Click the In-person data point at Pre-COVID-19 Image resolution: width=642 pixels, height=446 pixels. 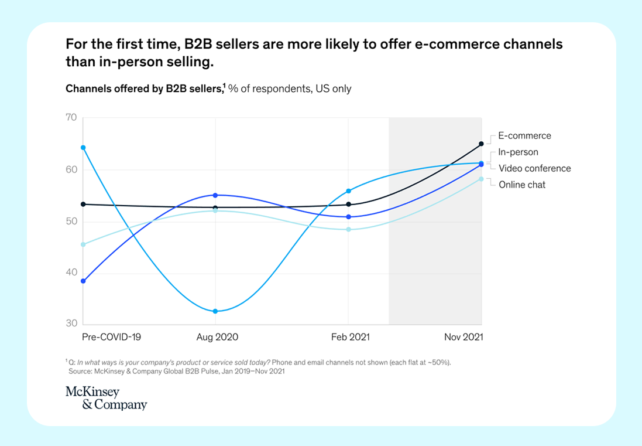click(x=83, y=148)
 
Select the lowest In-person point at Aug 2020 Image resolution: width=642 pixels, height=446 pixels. click(x=215, y=311)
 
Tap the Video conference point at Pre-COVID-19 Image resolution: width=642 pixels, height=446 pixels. click(x=83, y=281)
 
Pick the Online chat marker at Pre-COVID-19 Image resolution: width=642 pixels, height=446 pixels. click(x=83, y=244)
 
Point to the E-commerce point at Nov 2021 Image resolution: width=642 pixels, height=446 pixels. click(x=481, y=144)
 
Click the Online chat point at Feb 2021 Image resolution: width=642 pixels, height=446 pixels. click(x=348, y=229)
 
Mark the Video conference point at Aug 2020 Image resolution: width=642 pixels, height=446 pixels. click(x=215, y=195)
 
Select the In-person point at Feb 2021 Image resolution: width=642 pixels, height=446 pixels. click(x=348, y=191)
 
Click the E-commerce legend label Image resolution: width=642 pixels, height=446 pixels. click(x=524, y=136)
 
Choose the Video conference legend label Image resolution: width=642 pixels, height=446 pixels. click(x=534, y=168)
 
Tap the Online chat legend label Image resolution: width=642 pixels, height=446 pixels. click(x=522, y=185)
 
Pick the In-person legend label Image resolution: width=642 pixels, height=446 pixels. click(x=518, y=152)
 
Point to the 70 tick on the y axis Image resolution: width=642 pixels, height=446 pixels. click(x=71, y=118)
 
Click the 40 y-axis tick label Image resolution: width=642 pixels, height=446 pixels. click(x=71, y=273)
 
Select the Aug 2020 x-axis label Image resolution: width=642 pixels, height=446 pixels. click(x=217, y=337)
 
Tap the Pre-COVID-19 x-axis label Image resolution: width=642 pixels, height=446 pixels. click(x=111, y=337)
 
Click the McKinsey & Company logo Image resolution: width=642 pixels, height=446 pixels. click(x=106, y=398)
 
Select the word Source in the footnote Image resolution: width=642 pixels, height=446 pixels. click(x=81, y=371)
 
